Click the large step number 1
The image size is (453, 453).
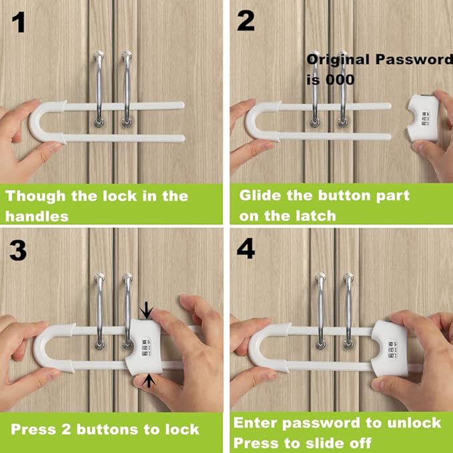pyautogui.click(x=19, y=23)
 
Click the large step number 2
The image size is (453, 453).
pyautogui.click(x=246, y=21)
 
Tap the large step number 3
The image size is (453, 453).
pyautogui.click(x=17, y=250)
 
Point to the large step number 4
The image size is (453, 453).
pyautogui.click(x=246, y=248)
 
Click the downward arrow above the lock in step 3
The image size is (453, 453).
pyautogui.click(x=147, y=310)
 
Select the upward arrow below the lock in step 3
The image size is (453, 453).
pyautogui.click(x=149, y=380)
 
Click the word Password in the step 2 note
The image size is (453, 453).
pyautogui.click(x=414, y=59)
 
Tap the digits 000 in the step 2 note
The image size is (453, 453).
pyautogui.click(x=340, y=80)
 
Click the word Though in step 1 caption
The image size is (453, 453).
pyautogui.click(x=35, y=196)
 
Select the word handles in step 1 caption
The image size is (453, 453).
pyautogui.click(x=37, y=216)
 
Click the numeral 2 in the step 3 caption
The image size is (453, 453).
pyautogui.click(x=66, y=429)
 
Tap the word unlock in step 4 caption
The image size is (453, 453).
pyautogui.click(x=414, y=423)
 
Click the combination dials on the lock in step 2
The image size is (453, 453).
pyautogui.click(x=425, y=119)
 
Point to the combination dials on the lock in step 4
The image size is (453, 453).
pyautogui.click(x=392, y=350)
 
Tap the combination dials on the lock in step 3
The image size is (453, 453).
pyautogui.click(x=146, y=348)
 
